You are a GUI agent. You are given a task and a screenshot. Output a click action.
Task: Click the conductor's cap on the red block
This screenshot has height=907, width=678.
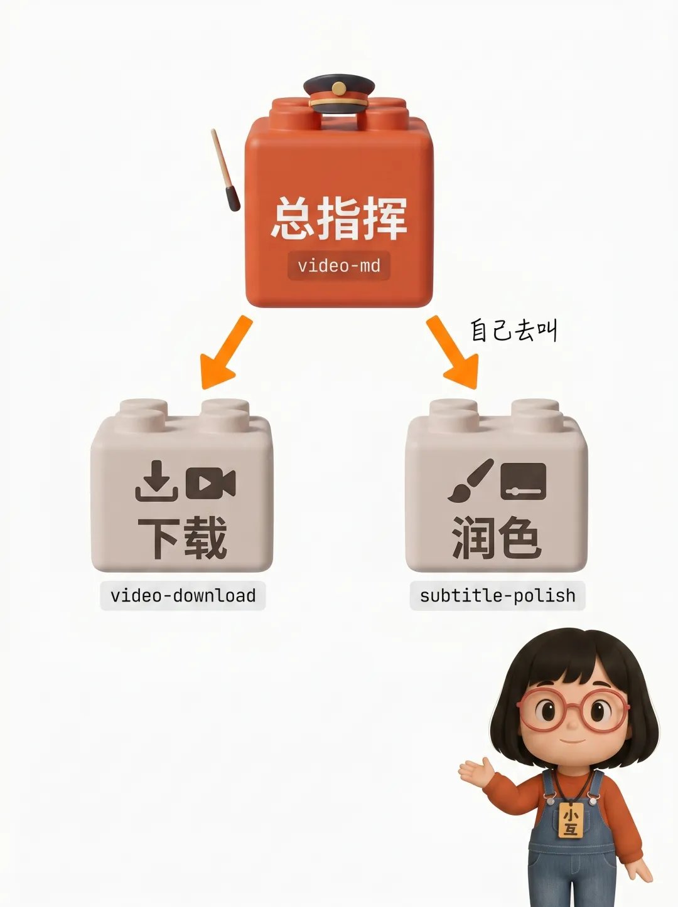pos(339,94)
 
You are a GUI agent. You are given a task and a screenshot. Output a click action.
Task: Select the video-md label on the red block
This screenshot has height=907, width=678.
pos(339,265)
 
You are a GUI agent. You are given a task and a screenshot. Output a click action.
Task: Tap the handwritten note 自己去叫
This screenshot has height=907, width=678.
pos(514,331)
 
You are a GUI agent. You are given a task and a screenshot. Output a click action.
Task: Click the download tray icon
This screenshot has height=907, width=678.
pos(157,481)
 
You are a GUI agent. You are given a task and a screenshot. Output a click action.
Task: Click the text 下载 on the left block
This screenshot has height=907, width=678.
pos(182,538)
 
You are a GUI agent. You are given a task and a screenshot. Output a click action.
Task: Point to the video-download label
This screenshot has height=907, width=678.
pos(183,595)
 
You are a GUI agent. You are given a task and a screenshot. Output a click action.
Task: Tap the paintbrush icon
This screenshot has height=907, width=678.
pos(471,480)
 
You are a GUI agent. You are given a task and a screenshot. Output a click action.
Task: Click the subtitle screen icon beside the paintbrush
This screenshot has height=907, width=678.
pos(524,481)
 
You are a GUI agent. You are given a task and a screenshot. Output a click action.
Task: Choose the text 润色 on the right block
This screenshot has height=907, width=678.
pos(496,538)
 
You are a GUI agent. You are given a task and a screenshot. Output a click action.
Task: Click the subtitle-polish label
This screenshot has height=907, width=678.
pos(498,595)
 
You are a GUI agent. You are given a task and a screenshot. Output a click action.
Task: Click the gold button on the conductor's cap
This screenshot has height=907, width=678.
pos(339,88)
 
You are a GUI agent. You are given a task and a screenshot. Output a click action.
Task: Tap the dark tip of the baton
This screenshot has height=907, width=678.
pos(232,199)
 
